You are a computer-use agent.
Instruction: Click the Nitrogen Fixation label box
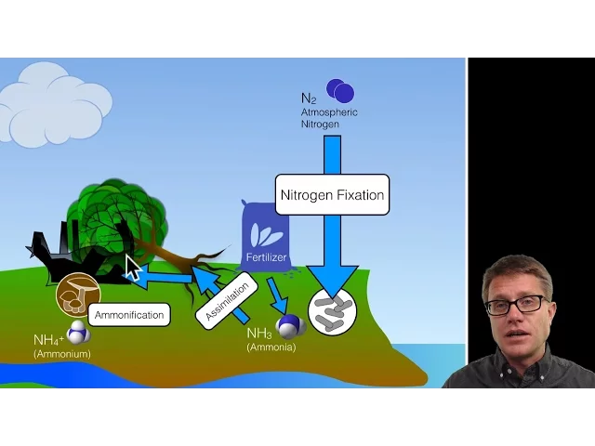click(332, 196)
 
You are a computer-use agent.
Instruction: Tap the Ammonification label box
click(129, 315)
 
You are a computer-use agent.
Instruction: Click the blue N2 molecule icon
click(339, 90)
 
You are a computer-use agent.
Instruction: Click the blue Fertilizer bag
click(265, 237)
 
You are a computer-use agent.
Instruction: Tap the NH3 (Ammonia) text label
click(270, 339)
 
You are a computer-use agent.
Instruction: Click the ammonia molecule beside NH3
click(290, 326)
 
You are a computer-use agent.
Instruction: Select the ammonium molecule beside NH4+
click(78, 332)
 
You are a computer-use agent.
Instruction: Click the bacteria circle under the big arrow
click(332, 311)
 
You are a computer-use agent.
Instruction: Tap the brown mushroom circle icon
click(78, 294)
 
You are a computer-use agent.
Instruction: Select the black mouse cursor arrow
click(132, 269)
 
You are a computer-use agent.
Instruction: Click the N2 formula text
click(309, 98)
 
